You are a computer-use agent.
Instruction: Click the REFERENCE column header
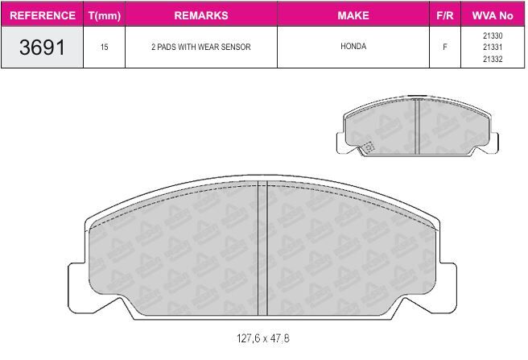coord(43,15)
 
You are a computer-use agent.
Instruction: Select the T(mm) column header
coord(105,15)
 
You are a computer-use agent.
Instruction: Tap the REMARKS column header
coord(201,15)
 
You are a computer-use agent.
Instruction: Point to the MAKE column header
coord(353,15)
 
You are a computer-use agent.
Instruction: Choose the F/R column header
coord(445,15)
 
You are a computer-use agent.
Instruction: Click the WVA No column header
coord(493,15)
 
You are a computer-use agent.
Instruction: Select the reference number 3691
coord(42,48)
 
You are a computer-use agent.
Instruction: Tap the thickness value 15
coord(104,47)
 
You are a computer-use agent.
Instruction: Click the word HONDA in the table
coord(353,46)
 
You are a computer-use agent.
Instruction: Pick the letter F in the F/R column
coord(445,47)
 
